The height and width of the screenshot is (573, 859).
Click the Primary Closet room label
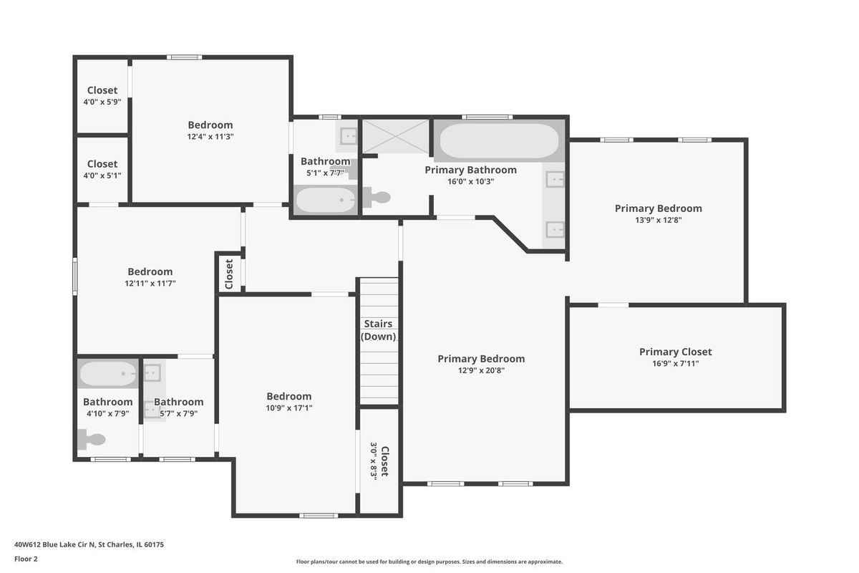pyautogui.click(x=675, y=352)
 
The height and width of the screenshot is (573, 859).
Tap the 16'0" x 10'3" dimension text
pyautogui.click(x=470, y=181)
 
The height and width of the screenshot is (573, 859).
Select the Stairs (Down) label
pyautogui.click(x=378, y=330)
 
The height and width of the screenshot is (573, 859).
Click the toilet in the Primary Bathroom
pyautogui.click(x=377, y=197)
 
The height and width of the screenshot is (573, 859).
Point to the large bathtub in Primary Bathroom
pyautogui.click(x=499, y=140)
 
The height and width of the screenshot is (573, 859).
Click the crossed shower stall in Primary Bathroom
pyautogui.click(x=396, y=136)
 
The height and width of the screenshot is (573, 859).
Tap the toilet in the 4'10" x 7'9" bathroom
pyautogui.click(x=92, y=439)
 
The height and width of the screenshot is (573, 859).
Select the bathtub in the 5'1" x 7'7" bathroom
pyautogui.click(x=326, y=200)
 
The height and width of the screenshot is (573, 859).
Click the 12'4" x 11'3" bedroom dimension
pyautogui.click(x=210, y=137)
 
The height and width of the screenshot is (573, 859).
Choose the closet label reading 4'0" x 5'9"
pyautogui.click(x=102, y=102)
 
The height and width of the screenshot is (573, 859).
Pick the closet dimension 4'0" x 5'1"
pyautogui.click(x=102, y=175)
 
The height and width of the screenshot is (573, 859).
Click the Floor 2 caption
pyautogui.click(x=26, y=559)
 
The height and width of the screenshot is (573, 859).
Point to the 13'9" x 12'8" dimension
pyautogui.click(x=658, y=221)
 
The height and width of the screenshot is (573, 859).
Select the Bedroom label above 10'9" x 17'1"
pyautogui.click(x=288, y=397)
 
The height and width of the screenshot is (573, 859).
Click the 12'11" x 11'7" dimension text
pyautogui.click(x=150, y=284)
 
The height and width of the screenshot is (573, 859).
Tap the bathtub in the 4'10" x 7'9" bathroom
pyautogui.click(x=108, y=373)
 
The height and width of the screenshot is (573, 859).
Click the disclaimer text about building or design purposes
pyautogui.click(x=429, y=562)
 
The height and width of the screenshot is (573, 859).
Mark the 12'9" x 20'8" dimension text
pyautogui.click(x=481, y=371)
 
